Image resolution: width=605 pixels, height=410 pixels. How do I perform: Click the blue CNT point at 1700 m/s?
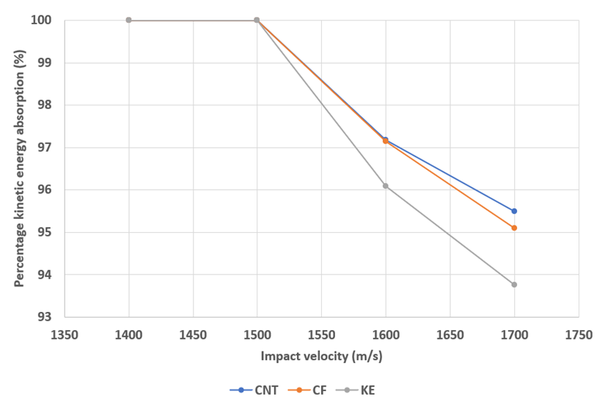coord(514,211)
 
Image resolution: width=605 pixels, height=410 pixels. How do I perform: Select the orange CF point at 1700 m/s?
coord(514,228)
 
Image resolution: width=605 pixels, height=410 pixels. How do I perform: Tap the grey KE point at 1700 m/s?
coord(514,284)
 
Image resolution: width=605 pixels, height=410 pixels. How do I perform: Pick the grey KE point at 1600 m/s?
coord(386,186)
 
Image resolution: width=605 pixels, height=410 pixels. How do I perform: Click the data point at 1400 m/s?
coord(128,20)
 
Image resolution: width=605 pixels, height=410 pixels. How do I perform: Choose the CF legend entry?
coord(312,390)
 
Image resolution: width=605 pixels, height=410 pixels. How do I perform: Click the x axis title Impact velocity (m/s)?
coord(321,357)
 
